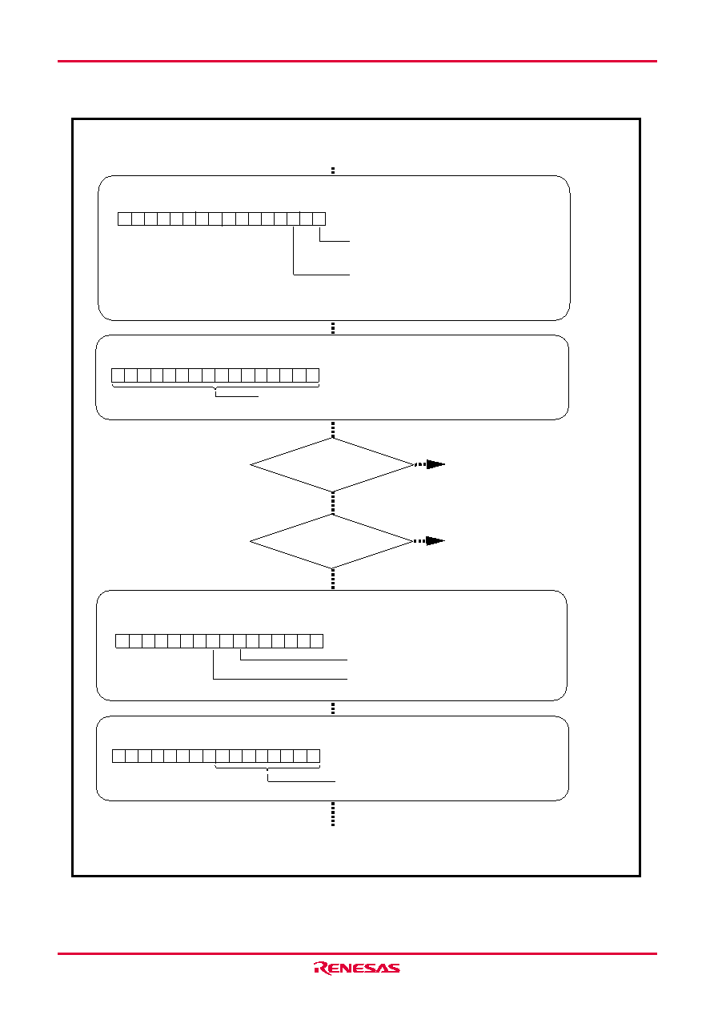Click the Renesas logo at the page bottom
pyautogui.click(x=356, y=968)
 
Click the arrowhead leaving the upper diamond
pyautogui.click(x=435, y=464)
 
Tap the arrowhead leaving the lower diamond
pyautogui.click(x=435, y=540)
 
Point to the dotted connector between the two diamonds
pyautogui.click(x=333, y=503)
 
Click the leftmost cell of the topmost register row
pyautogui.click(x=125, y=219)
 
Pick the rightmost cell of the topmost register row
pyautogui.click(x=319, y=219)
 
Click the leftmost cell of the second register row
pyautogui.click(x=118, y=375)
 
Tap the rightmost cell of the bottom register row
pyautogui.click(x=314, y=756)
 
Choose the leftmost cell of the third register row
pyautogui.click(x=122, y=641)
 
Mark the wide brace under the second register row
pyautogui.click(x=215, y=387)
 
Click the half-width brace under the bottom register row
pyautogui.click(x=267, y=768)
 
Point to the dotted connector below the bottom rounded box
pyautogui.click(x=333, y=814)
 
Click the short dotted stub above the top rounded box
pyautogui.click(x=333, y=171)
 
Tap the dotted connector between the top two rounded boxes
pyautogui.click(x=333, y=328)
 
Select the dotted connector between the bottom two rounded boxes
pyautogui.click(x=333, y=708)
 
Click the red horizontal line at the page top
pyautogui.click(x=357, y=61)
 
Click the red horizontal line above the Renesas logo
pyautogui.click(x=357, y=953)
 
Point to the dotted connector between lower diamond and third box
pyautogui.click(x=333, y=580)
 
